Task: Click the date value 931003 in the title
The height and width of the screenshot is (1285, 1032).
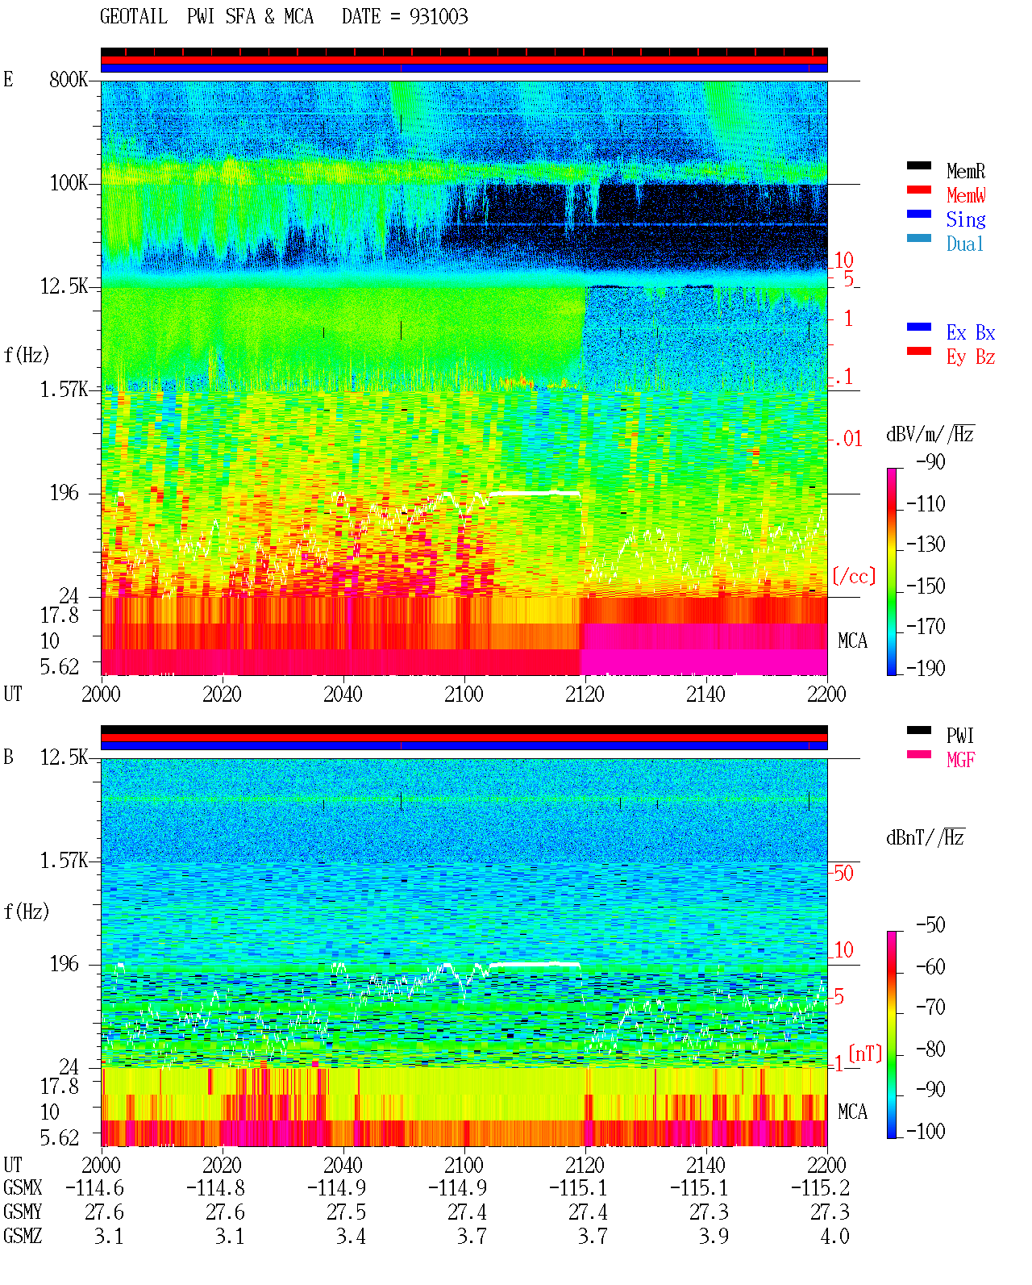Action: pyautogui.click(x=438, y=16)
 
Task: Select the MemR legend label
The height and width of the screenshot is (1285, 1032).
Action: pyautogui.click(x=965, y=171)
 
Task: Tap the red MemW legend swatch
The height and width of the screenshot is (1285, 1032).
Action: pyautogui.click(x=918, y=190)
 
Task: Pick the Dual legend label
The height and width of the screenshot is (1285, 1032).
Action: pyautogui.click(x=964, y=244)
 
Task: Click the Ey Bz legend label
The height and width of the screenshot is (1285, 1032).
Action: pyautogui.click(x=970, y=357)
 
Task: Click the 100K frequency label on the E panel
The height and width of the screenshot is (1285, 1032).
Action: pyautogui.click(x=68, y=183)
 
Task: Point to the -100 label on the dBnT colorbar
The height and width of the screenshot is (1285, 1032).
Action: pyautogui.click(x=925, y=1130)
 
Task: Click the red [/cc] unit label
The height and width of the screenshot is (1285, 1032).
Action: pyautogui.click(x=854, y=576)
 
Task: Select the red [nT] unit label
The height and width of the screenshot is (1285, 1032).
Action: pyautogui.click(x=865, y=1053)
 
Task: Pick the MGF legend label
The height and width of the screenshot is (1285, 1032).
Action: pyautogui.click(x=960, y=760)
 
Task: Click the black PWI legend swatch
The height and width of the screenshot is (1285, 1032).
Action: pyautogui.click(x=918, y=730)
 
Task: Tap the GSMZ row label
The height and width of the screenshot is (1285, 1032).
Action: pyautogui.click(x=23, y=1236)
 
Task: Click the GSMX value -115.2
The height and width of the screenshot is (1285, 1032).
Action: pyautogui.click(x=820, y=1187)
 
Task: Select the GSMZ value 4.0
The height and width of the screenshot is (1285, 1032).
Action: pyautogui.click(x=834, y=1236)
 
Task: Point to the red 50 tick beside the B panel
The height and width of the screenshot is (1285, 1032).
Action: pyautogui.click(x=843, y=873)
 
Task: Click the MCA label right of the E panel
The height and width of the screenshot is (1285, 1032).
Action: pyautogui.click(x=852, y=640)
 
